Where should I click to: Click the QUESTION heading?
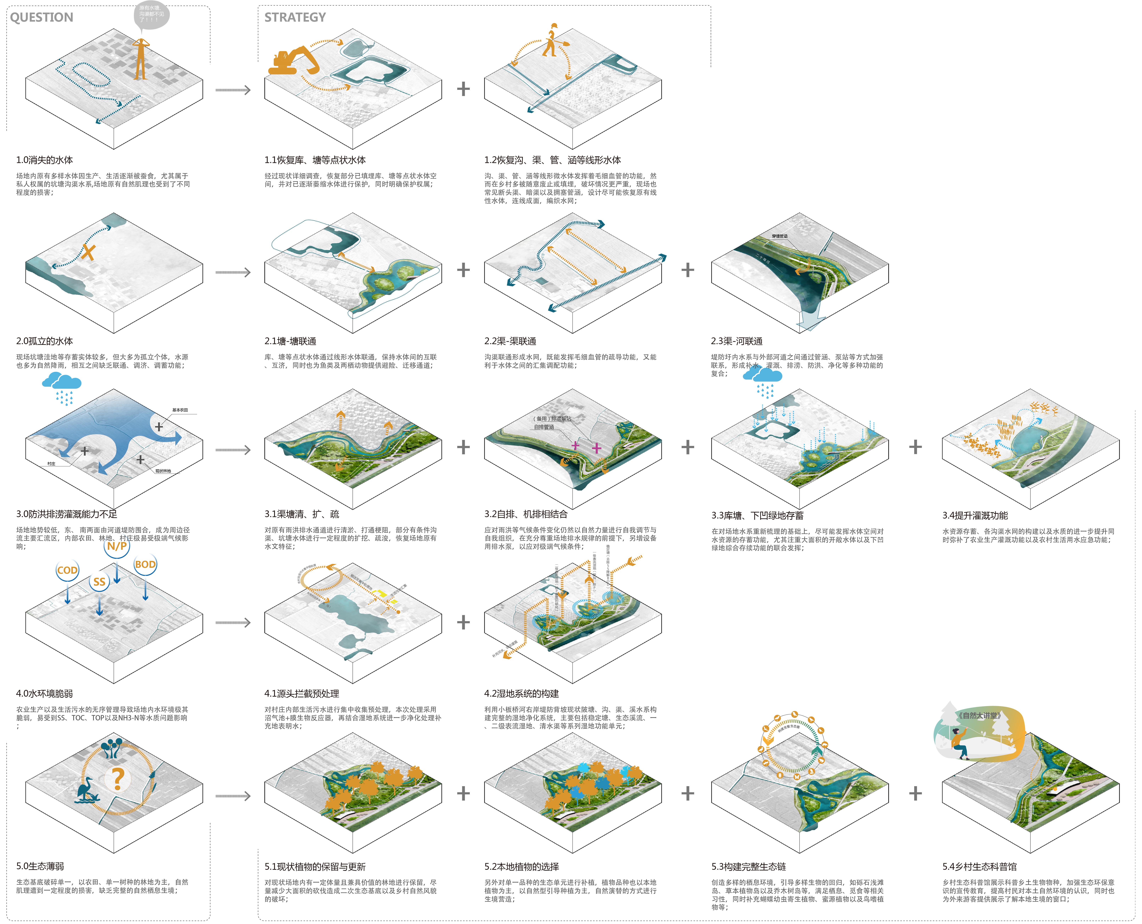pos(41,18)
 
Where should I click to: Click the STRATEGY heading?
pos(295,18)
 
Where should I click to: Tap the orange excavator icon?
pos(293,60)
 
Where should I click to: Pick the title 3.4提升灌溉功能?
pos(975,515)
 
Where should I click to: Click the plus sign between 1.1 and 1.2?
pos(463,89)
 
